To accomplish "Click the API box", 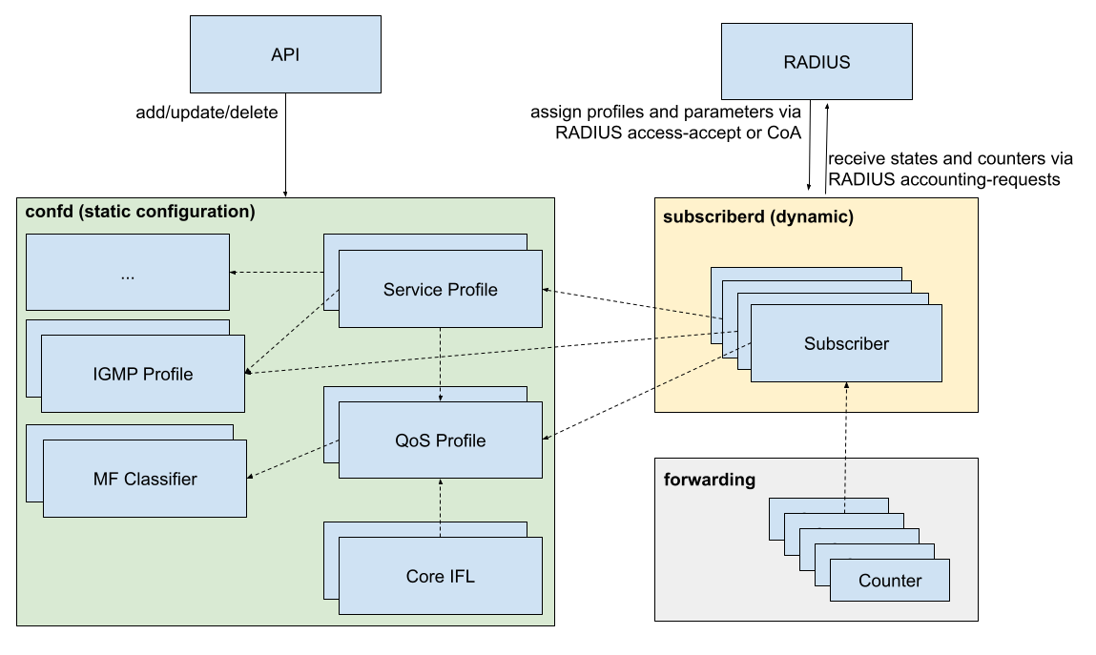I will (285, 54).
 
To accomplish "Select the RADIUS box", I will (817, 63).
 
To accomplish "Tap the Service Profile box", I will (440, 289).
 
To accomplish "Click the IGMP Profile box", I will (143, 374).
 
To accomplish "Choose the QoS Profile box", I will (440, 440).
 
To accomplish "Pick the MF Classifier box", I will (145, 479).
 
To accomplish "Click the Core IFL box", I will (440, 576).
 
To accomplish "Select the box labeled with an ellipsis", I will (127, 273).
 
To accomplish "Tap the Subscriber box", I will (846, 344).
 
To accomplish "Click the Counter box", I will (889, 581).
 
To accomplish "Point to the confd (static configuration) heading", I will (139, 212).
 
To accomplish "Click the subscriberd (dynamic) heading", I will (758, 217).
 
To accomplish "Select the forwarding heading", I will (710, 480).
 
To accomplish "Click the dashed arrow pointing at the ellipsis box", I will (277, 273).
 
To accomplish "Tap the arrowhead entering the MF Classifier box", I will (251, 476).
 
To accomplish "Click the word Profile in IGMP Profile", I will (168, 374).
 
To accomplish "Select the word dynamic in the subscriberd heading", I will (817, 217).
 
